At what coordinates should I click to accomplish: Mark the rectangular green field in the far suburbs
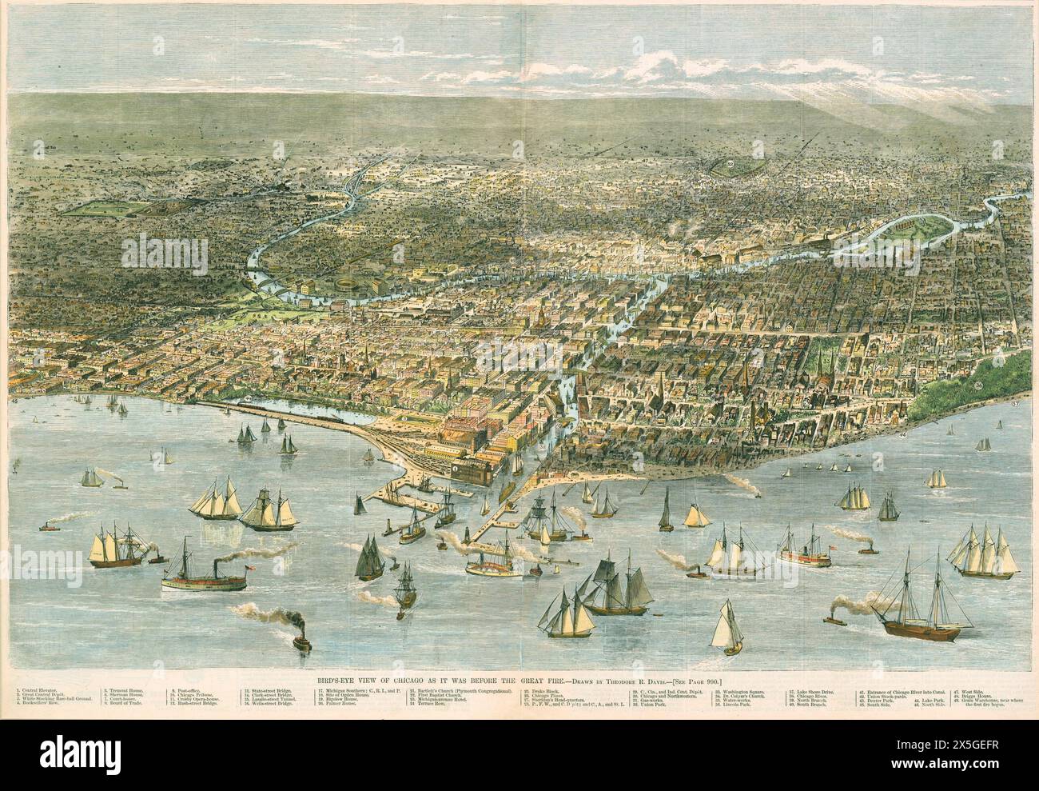click(x=108, y=206)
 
